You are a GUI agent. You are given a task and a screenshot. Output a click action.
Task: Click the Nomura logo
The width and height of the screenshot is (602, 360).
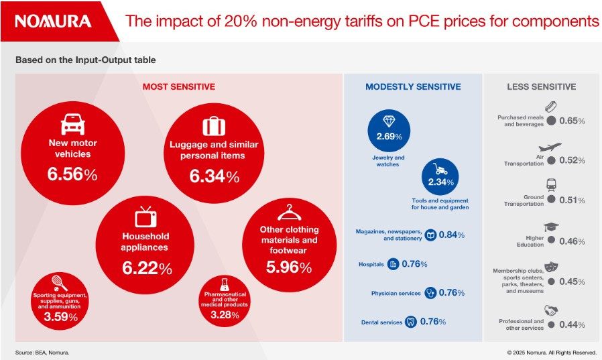coord(53,21)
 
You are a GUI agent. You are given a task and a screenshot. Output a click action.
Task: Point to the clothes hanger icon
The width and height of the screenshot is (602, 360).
coord(288,212)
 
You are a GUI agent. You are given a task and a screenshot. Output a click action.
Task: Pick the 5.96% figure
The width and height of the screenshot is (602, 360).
coord(288,267)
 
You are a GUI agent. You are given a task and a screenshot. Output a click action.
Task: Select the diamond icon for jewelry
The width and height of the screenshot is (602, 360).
coord(389,121)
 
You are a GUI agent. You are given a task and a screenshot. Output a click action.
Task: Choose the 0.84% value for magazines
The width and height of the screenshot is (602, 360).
coord(452,235)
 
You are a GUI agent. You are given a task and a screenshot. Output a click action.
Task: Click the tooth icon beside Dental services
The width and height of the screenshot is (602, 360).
coord(411,322)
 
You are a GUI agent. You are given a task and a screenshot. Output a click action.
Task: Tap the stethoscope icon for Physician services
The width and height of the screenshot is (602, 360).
coord(430,293)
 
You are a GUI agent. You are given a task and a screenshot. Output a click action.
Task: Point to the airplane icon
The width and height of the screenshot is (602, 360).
coord(550,147)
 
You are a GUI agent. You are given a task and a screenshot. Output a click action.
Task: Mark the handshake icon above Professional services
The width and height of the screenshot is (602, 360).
coord(551,311)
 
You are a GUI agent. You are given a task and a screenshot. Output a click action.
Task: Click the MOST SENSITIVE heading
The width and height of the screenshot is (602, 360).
coord(178,86)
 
